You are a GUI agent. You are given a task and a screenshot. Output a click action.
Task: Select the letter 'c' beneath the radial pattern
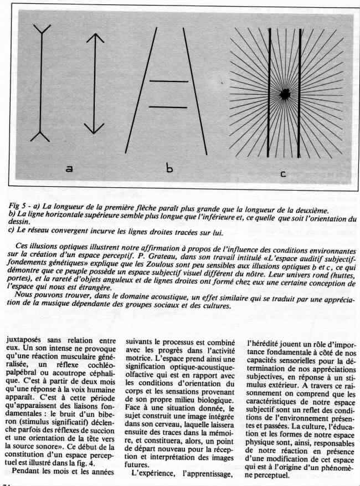(282, 174)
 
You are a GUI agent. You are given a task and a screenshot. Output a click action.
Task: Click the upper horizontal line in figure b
(168, 82)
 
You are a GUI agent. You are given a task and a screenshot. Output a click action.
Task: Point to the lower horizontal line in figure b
(168, 106)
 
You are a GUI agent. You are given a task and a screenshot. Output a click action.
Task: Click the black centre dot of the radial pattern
(286, 93)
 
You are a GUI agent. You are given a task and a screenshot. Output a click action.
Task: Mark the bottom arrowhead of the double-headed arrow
(95, 128)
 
